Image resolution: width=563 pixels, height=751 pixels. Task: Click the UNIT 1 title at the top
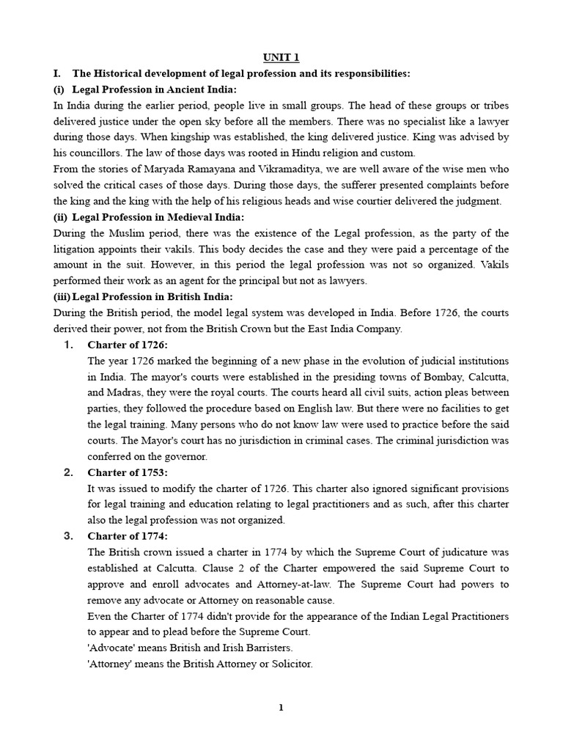tap(281, 57)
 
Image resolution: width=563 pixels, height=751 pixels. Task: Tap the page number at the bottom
tap(281, 708)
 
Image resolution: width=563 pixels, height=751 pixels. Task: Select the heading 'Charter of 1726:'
tap(127, 345)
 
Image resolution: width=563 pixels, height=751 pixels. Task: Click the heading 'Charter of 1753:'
tap(127, 472)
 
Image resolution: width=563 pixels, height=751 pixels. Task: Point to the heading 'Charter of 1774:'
tap(127, 536)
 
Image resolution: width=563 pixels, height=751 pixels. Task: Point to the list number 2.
tap(67, 472)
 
